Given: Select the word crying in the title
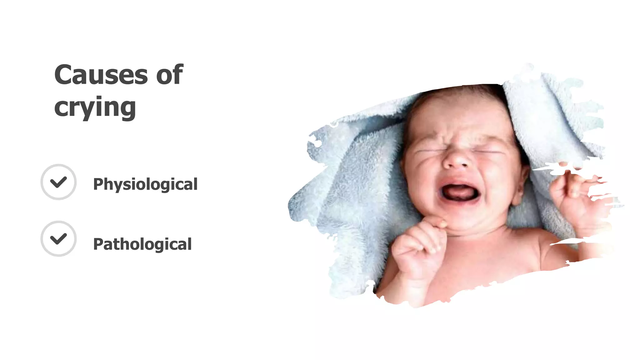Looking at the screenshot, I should coord(95,107).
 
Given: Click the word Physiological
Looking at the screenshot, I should coord(145,184).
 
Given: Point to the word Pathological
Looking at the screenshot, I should coord(142,244).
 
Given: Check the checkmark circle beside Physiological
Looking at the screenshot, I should coord(58,182).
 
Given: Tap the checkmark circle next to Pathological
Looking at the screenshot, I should coord(58,239).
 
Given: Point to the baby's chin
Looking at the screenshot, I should coord(462,219).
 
